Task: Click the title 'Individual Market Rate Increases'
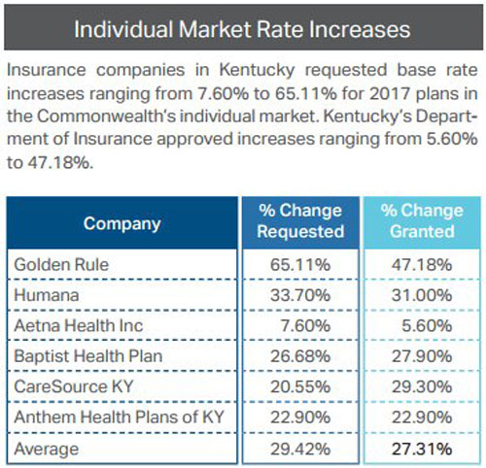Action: pyautogui.click(x=242, y=29)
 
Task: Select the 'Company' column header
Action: pyautogui.click(x=122, y=223)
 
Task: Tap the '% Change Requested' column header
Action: pyautogui.click(x=300, y=221)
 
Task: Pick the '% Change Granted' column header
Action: pyautogui.click(x=422, y=221)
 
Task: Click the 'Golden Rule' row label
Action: pyautogui.click(x=61, y=264)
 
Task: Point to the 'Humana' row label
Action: pyautogui.click(x=47, y=295)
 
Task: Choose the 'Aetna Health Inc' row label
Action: pyautogui.click(x=79, y=325)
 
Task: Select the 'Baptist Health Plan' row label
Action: pyautogui.click(x=88, y=356)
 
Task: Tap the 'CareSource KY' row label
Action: pyautogui.click(x=74, y=386)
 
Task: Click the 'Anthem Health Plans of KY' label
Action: pyautogui.click(x=120, y=417)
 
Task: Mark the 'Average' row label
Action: pyautogui.click(x=47, y=450)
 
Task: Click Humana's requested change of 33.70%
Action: pyautogui.click(x=300, y=295)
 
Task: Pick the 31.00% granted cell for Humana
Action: pyautogui.click(x=422, y=295)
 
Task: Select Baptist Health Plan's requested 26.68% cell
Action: pyautogui.click(x=300, y=356)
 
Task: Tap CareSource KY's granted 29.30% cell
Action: pyautogui.click(x=422, y=386)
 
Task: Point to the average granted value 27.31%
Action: pyautogui.click(x=422, y=449)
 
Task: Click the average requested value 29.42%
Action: pyautogui.click(x=300, y=449)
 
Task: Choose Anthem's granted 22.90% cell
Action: pyautogui.click(x=422, y=417)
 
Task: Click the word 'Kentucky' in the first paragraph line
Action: pyautogui.click(x=258, y=71)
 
